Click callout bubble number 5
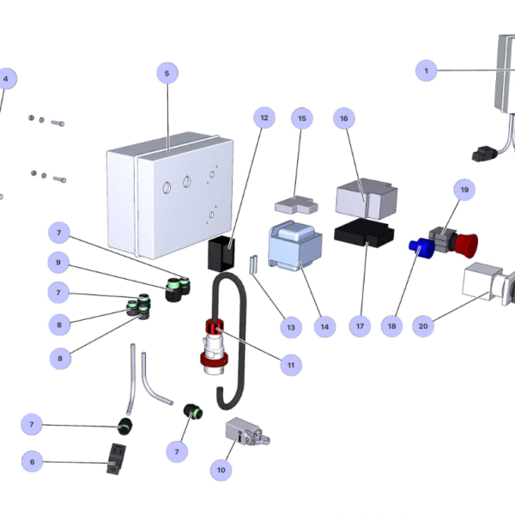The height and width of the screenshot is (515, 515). pyautogui.click(x=167, y=74)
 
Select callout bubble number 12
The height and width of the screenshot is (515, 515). pyautogui.click(x=264, y=117)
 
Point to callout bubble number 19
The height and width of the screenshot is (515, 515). pyautogui.click(x=464, y=189)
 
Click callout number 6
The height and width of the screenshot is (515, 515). pyautogui.click(x=33, y=462)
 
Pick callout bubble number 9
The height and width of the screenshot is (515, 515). pyautogui.click(x=58, y=262)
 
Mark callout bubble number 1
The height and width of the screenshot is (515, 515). pyautogui.click(x=427, y=70)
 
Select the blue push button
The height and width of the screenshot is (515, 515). pyautogui.click(x=420, y=248)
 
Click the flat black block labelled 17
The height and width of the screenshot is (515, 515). pyautogui.click(x=364, y=233)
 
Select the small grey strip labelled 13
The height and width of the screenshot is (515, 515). pyautogui.click(x=253, y=264)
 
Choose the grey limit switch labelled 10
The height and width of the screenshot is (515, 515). pyautogui.click(x=245, y=433)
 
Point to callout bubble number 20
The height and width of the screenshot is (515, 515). pyautogui.click(x=422, y=326)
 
